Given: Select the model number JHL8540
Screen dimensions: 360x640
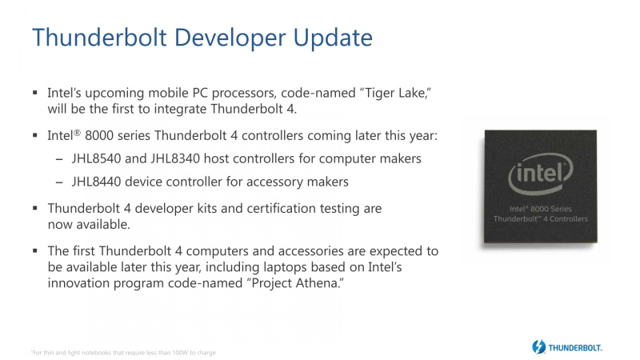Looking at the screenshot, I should click(98, 158).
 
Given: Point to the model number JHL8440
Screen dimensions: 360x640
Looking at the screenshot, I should click(98, 182).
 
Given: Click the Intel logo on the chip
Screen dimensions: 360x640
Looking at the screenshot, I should click(542, 173).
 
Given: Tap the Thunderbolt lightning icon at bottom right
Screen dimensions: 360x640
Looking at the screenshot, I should click(538, 347).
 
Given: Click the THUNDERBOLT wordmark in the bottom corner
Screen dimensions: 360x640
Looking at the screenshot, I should click(575, 348).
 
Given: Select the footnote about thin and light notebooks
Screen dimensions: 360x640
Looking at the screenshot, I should click(124, 352).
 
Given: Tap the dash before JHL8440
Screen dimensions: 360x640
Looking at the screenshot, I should click(60, 182).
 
